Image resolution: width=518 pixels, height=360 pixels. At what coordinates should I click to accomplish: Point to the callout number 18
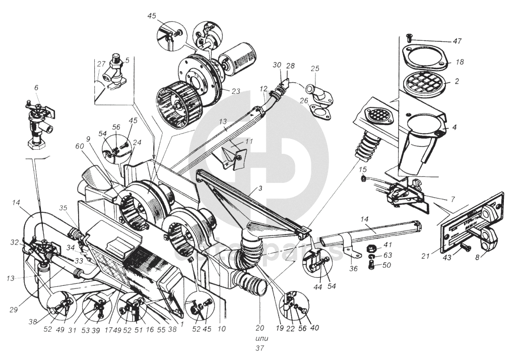click(x=459, y=62)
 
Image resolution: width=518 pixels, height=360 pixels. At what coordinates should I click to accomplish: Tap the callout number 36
click(x=353, y=269)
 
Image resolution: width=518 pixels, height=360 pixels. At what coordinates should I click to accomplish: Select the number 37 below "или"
click(x=261, y=347)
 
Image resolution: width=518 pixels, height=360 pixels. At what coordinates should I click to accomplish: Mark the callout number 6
click(x=36, y=88)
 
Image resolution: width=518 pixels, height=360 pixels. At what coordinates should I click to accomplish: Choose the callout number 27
click(x=101, y=64)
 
